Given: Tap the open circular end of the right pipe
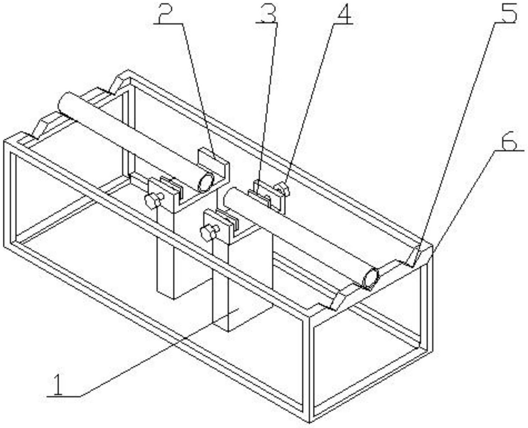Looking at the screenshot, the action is click(371, 278).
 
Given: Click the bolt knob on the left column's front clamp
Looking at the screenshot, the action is click(154, 200).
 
